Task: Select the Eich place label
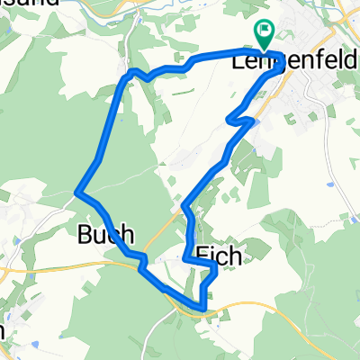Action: [218, 256]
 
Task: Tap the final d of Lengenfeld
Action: [352, 63]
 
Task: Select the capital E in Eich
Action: [201, 256]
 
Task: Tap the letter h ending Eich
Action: [235, 256]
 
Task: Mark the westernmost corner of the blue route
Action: [76, 192]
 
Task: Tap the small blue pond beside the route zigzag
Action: [256, 116]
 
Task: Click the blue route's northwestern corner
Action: [131, 70]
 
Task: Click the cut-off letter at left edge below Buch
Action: [3, 330]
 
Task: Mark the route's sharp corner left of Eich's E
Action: [186, 259]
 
